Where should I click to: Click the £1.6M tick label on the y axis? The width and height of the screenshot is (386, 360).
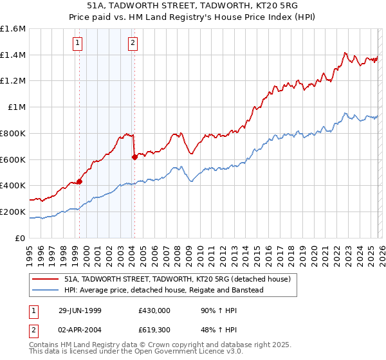13,29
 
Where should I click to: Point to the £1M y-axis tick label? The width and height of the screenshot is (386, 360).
16,107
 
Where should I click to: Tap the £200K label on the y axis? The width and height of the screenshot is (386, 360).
13,212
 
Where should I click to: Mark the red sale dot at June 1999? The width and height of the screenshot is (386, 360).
80,181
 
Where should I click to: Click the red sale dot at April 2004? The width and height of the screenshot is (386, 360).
134,157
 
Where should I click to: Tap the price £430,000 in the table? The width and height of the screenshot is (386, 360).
154,310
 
